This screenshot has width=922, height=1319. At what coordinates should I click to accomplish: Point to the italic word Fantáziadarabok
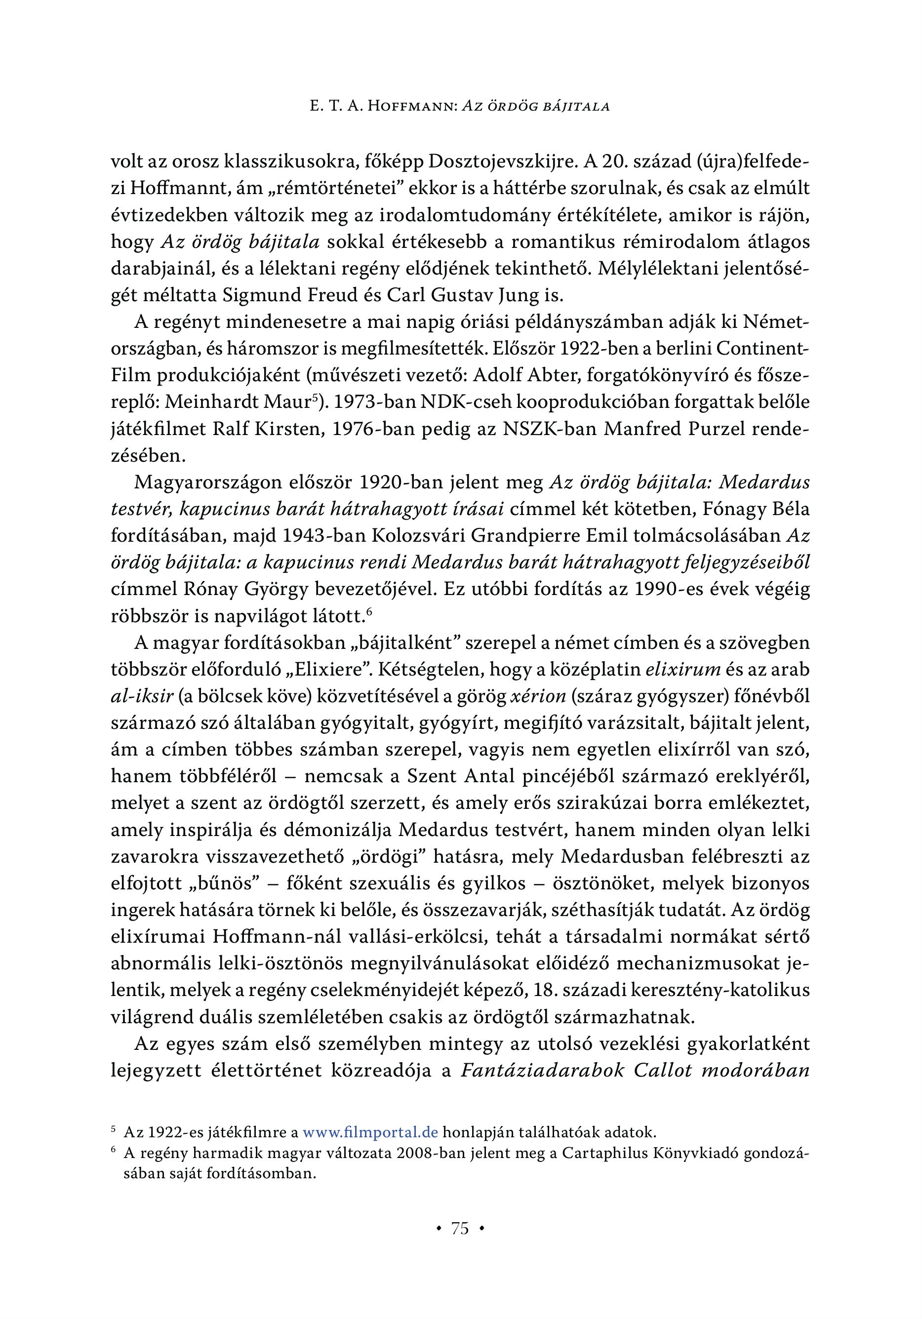pyautogui.click(x=542, y=1072)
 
